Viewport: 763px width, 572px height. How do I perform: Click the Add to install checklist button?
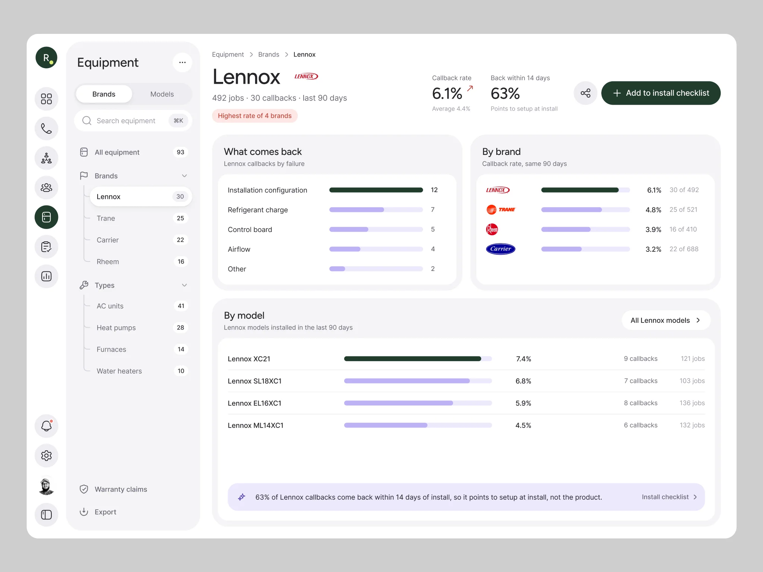click(661, 93)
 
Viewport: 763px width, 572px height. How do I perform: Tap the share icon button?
click(585, 93)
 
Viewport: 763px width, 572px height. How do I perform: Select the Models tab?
click(162, 94)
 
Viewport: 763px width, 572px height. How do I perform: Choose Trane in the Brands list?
click(105, 218)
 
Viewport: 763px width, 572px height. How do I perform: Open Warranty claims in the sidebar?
click(121, 489)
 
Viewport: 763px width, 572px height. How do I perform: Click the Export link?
click(105, 512)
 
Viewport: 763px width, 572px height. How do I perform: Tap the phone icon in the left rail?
click(46, 128)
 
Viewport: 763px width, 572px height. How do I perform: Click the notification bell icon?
click(46, 426)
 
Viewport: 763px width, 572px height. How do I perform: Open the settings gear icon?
click(46, 455)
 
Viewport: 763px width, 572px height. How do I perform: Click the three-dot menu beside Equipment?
click(182, 62)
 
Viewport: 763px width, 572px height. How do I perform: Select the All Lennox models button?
click(666, 320)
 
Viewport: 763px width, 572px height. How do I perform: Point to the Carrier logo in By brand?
click(501, 249)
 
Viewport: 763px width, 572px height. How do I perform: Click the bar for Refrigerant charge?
click(376, 210)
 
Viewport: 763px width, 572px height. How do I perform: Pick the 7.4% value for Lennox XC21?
click(523, 359)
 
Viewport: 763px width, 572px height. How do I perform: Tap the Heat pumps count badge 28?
click(180, 328)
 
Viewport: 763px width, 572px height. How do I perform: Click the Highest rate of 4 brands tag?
click(255, 116)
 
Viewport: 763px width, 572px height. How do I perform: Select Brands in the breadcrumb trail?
click(269, 54)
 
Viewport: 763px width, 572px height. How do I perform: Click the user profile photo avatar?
click(46, 486)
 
